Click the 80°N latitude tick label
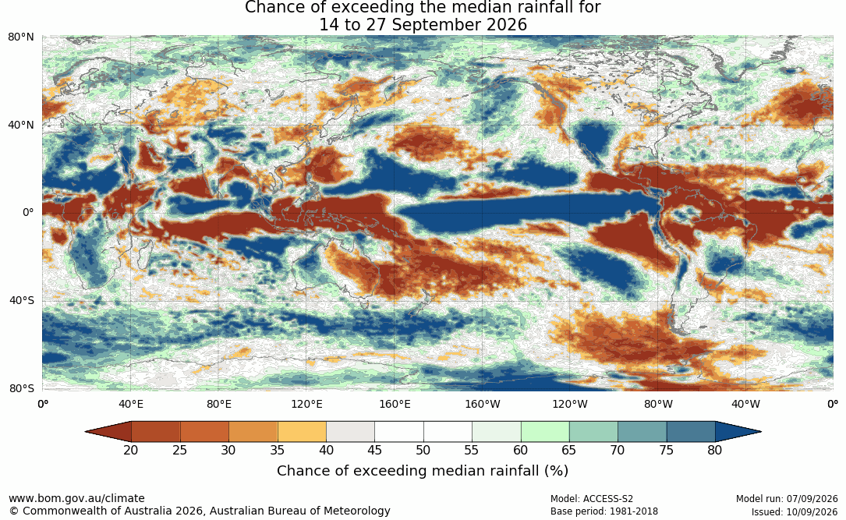(x=20, y=37)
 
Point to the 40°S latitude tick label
(x=21, y=300)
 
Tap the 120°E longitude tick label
(x=306, y=404)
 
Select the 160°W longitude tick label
(x=483, y=404)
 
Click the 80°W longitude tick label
(x=658, y=404)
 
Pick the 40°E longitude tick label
(x=130, y=404)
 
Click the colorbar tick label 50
(x=423, y=450)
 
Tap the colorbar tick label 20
(x=130, y=450)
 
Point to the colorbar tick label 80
(x=715, y=450)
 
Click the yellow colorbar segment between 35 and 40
(x=302, y=432)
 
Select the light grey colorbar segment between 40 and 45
(x=350, y=432)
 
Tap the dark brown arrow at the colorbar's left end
(x=108, y=432)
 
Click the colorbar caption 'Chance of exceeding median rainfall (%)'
(x=423, y=470)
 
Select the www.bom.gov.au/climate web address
(x=76, y=498)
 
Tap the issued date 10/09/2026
(x=812, y=511)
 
